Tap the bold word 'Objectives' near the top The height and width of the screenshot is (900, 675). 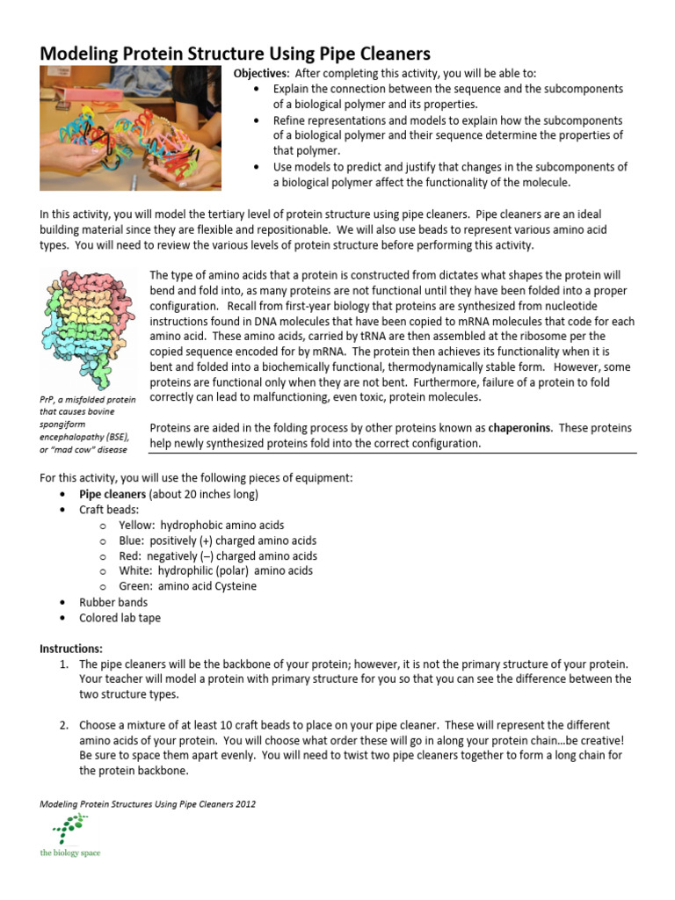pyautogui.click(x=260, y=74)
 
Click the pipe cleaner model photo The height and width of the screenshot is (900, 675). pyautogui.click(x=130, y=129)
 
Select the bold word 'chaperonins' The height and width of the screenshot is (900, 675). pyautogui.click(x=515, y=428)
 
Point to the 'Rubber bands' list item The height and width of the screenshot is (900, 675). pyautogui.click(x=113, y=602)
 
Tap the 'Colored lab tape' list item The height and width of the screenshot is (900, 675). pyautogui.click(x=120, y=617)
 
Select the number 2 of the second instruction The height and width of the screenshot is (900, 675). pyautogui.click(x=64, y=725)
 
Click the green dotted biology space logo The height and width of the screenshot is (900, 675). pyautogui.click(x=70, y=831)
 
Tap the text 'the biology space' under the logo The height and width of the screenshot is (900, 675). pyautogui.click(x=70, y=853)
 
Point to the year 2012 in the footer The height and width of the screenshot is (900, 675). pyautogui.click(x=243, y=803)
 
